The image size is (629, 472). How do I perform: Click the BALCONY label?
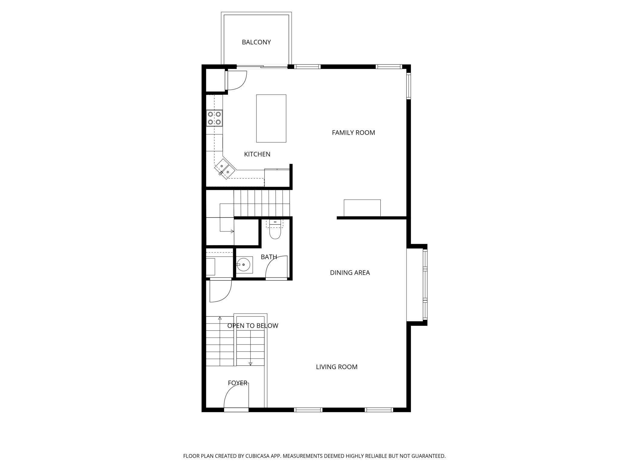click(256, 42)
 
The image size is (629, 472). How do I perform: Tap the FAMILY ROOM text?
click(353, 133)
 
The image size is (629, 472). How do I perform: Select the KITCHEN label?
click(257, 154)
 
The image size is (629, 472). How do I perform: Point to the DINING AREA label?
click(350, 273)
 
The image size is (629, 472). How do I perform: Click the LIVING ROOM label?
click(337, 367)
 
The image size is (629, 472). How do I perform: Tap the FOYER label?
click(237, 383)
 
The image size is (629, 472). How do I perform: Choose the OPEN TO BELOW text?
click(253, 326)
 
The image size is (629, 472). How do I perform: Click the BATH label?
click(269, 257)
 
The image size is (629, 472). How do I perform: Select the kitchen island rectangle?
click(271, 118)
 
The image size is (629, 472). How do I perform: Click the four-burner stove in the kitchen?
click(214, 118)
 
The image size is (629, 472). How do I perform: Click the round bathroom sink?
click(243, 265)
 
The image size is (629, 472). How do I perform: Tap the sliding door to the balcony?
click(262, 67)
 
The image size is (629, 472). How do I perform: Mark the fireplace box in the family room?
click(362, 208)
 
